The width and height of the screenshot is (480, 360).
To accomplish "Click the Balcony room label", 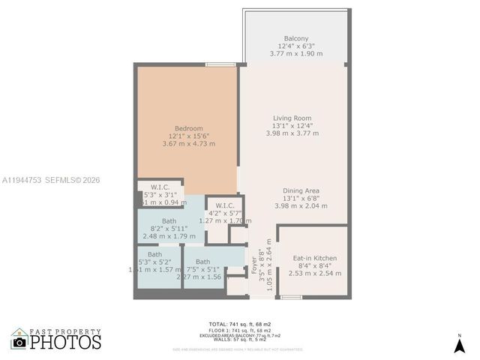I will (295, 38).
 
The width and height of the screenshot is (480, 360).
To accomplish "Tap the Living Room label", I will (292, 118).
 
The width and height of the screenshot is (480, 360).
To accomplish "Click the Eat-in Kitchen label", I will (314, 258).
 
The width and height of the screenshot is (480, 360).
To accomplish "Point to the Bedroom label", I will (189, 128).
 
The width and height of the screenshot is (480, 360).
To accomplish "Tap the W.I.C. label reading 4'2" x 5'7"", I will (225, 205).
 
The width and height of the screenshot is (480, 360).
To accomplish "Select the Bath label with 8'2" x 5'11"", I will (169, 221).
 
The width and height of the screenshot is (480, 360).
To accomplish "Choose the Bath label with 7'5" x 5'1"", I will (202, 261).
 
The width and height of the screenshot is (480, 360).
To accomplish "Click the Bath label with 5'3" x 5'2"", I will (154, 254).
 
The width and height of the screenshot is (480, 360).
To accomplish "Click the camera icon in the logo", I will (19, 342).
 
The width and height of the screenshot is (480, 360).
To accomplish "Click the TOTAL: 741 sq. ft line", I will (239, 324).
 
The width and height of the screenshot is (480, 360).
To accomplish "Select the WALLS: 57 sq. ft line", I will (239, 340).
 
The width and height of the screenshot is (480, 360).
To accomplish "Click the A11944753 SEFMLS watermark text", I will (51, 180).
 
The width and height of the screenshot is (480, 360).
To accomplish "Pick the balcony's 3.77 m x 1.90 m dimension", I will (295, 53).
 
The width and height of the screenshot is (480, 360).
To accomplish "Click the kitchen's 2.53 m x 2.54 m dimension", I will (314, 273).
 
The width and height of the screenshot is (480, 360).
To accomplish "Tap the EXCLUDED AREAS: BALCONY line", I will (239, 335).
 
